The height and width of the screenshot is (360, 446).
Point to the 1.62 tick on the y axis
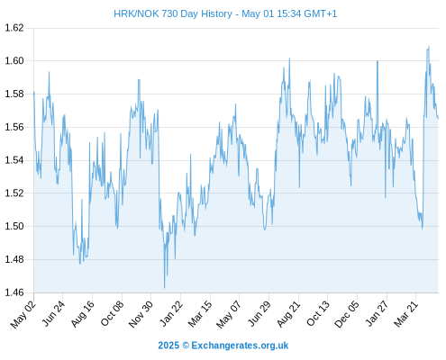(x=14, y=28)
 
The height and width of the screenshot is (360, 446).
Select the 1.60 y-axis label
(x=14, y=61)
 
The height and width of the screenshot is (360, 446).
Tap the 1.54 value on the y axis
(x=14, y=160)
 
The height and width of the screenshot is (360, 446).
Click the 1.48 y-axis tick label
(x=14, y=259)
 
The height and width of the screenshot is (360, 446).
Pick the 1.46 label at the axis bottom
(x=14, y=292)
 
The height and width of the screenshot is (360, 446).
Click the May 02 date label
(x=23, y=314)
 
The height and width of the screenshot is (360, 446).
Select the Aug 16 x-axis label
(x=82, y=313)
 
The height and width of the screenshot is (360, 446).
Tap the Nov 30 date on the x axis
(x=141, y=314)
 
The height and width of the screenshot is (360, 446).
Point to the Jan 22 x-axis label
(x=171, y=313)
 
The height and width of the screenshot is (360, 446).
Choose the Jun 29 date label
(x=259, y=313)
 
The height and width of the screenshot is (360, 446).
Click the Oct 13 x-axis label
(x=318, y=313)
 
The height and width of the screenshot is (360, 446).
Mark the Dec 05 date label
(x=347, y=314)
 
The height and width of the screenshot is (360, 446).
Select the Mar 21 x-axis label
(x=406, y=313)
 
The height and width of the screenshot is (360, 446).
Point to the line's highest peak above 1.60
(x=429, y=46)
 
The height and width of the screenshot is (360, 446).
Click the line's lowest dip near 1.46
(x=165, y=288)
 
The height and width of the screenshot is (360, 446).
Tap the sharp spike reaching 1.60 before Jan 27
(x=378, y=61)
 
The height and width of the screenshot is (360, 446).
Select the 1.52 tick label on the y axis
(x=14, y=193)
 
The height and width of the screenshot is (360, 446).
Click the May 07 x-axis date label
(x=229, y=314)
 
